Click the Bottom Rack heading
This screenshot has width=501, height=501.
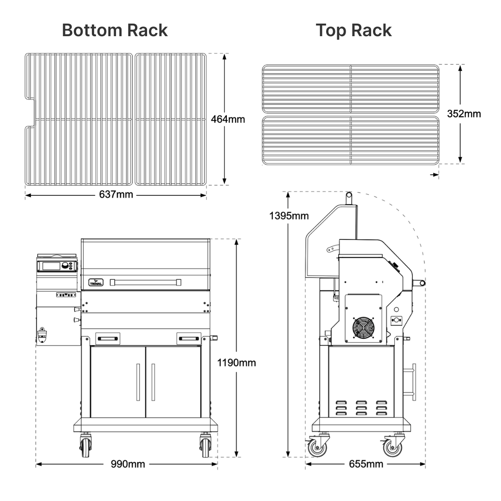tap(115, 30)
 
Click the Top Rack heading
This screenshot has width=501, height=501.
tap(353, 31)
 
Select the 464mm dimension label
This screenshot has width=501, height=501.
tap(228, 119)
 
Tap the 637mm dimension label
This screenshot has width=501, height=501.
tap(116, 194)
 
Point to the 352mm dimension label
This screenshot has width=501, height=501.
tap(464, 114)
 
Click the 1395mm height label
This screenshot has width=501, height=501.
tap(289, 216)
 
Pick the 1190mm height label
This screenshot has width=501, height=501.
tap(237, 363)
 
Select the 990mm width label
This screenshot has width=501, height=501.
tap(128, 464)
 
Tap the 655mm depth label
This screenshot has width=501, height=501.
tap(366, 464)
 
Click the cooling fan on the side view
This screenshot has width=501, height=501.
tap(364, 328)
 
